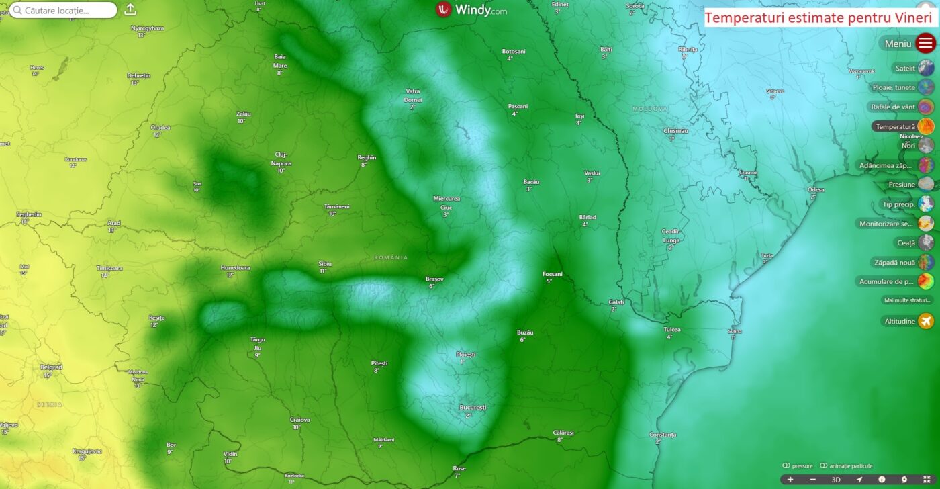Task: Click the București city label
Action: [473, 408]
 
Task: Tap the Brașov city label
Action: [434, 279]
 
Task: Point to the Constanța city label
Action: [663, 435]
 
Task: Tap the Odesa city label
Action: [816, 189]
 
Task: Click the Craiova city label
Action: [300, 420]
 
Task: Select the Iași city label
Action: [579, 116]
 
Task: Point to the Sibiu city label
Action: [325, 264]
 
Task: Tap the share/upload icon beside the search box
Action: [130, 9]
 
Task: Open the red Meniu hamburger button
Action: [926, 44]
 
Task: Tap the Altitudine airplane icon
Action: [926, 321]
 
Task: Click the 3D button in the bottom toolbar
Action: [836, 480]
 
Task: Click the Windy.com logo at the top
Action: [471, 10]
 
